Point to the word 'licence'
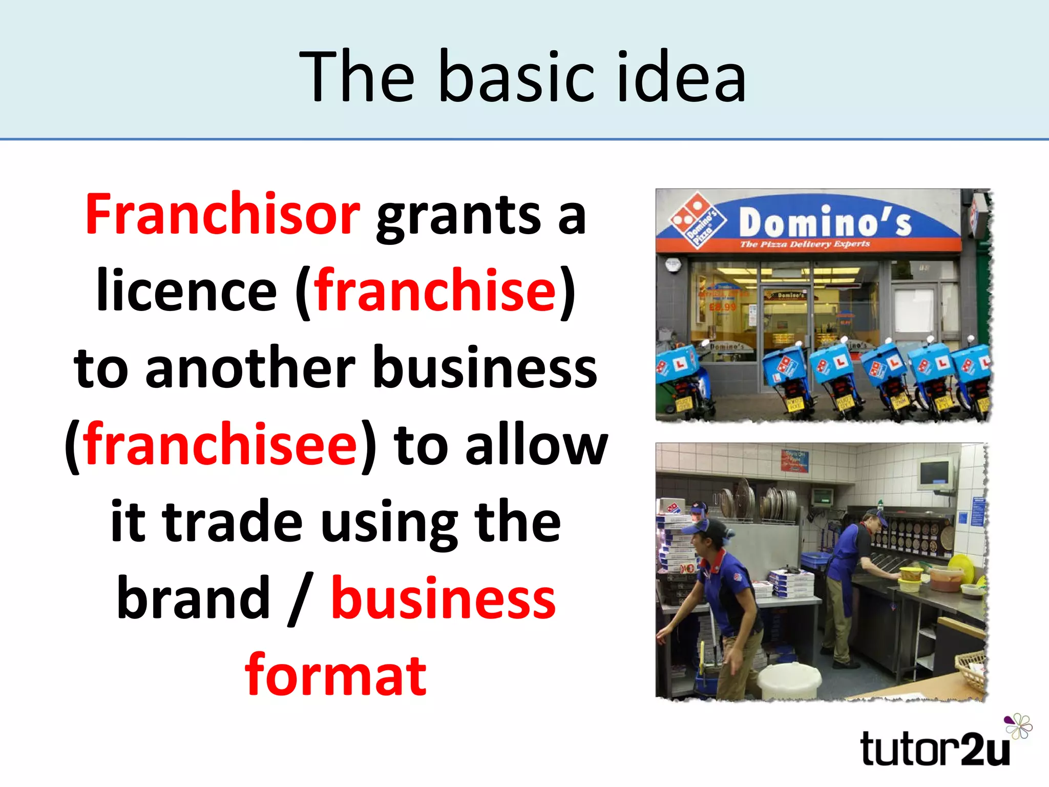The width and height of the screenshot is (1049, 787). pyautogui.click(x=186, y=291)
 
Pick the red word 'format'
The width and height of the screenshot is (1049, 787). pyautogui.click(x=335, y=675)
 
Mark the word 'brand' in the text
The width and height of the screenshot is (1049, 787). pyautogui.click(x=193, y=598)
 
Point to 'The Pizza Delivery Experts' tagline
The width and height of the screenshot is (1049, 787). pyautogui.click(x=805, y=244)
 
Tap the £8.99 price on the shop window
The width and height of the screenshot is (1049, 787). pyautogui.click(x=722, y=307)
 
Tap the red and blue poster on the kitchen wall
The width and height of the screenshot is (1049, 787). pyautogui.click(x=794, y=460)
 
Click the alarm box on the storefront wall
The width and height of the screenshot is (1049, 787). pyautogui.click(x=672, y=265)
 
